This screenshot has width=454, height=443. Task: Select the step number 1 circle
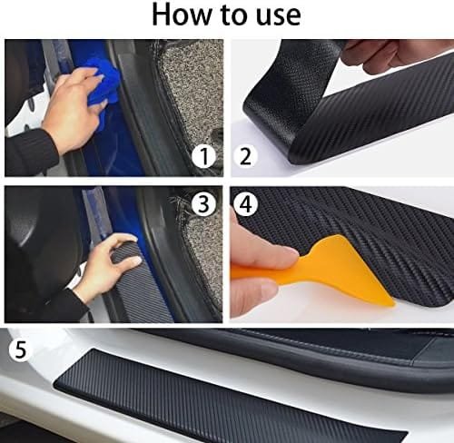coord(205,156)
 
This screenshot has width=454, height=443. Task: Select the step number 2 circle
coord(246,156)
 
